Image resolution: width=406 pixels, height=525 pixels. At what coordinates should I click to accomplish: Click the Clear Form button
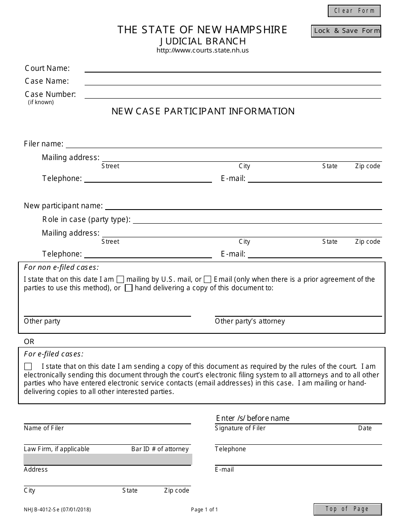[x=354, y=11]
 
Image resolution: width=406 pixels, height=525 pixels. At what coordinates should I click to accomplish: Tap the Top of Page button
[x=347, y=509]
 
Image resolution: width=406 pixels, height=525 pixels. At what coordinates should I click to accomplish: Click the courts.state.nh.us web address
[x=203, y=50]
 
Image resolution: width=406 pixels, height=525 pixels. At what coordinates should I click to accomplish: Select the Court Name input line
[x=232, y=68]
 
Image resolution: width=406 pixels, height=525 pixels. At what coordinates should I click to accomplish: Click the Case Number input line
[x=232, y=94]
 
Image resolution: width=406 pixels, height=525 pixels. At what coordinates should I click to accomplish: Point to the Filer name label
[x=44, y=144]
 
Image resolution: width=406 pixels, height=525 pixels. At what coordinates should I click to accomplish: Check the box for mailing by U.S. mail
[x=121, y=280]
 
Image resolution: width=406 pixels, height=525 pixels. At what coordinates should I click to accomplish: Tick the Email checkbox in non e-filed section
[x=208, y=280]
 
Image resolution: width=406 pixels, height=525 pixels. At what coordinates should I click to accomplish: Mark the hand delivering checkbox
[x=129, y=288]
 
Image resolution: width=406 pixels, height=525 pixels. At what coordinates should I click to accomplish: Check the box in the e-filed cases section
[x=28, y=367]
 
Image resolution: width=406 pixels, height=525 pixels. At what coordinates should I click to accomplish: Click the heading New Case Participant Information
[x=203, y=111]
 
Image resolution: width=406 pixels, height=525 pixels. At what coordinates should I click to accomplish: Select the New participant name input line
[x=243, y=206]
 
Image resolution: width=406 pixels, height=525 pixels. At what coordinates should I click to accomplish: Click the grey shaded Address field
[x=108, y=459]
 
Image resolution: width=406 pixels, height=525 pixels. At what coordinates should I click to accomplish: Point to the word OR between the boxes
[x=29, y=341]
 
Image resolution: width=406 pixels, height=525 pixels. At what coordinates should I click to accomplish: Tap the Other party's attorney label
[x=250, y=321]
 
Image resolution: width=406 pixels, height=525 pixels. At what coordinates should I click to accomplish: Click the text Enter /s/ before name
[x=253, y=418]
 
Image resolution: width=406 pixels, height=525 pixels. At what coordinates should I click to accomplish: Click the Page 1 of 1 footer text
[x=204, y=509]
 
